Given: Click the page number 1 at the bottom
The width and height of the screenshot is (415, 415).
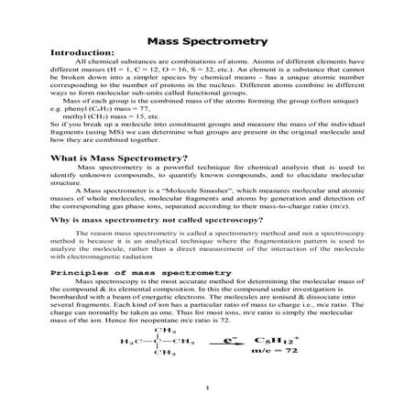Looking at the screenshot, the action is point(208,388).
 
